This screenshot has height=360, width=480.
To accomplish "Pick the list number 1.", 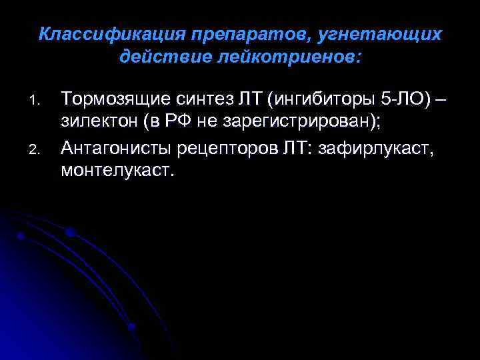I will pyautogui.click(x=37, y=103).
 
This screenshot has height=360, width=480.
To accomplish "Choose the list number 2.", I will pyautogui.click(x=37, y=151).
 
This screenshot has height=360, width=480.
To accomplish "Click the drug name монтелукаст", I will pyautogui.click(x=117, y=173).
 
